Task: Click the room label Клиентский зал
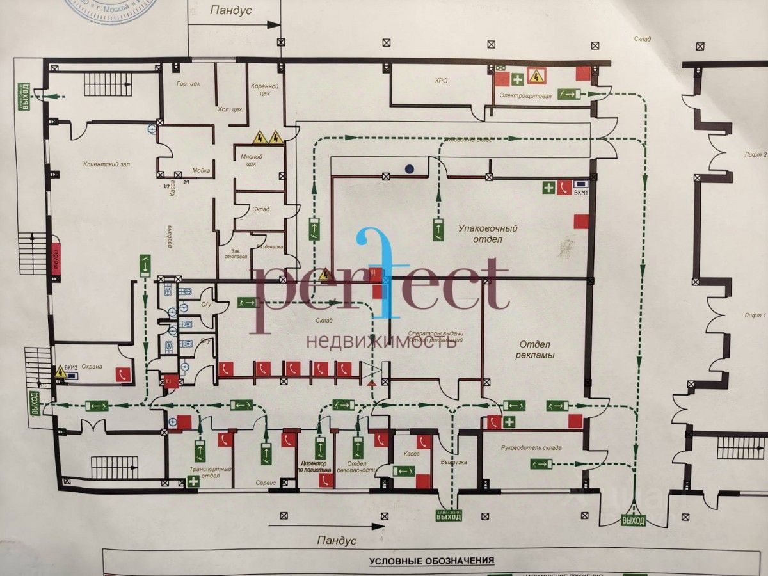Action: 103,164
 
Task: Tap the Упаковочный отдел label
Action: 488,234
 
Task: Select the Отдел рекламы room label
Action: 535,349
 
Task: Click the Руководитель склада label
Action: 531,448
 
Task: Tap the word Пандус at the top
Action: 231,11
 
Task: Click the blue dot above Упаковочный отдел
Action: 409,169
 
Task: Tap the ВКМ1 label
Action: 582,193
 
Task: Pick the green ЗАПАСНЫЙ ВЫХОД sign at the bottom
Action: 448,515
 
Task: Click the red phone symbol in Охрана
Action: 123,375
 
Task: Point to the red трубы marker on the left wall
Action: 56,259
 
